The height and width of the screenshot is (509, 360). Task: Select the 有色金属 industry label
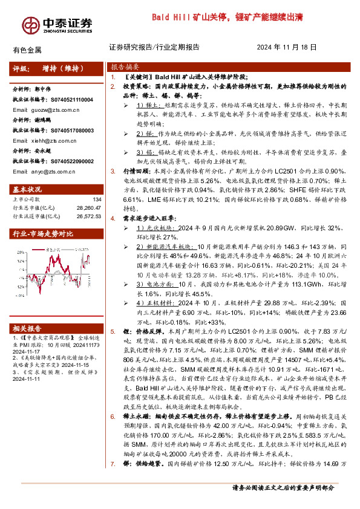[27, 49]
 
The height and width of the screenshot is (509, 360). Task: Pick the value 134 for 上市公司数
[96, 199]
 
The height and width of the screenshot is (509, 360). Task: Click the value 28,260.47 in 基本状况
[88, 207]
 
